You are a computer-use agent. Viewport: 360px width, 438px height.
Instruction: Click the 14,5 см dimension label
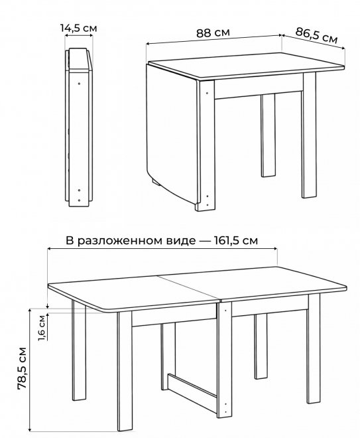click(x=79, y=28)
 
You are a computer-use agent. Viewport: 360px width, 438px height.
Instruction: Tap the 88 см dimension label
click(x=213, y=33)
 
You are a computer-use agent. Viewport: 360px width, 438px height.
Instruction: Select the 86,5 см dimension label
click(x=316, y=36)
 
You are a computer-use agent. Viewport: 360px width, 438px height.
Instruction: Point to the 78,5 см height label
click(x=22, y=368)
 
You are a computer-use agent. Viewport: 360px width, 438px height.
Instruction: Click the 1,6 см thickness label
click(x=42, y=328)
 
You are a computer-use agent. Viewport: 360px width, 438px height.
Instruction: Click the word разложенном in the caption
click(x=136, y=241)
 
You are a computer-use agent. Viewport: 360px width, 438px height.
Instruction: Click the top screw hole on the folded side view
click(x=80, y=84)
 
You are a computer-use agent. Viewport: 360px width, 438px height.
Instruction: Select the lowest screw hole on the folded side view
click(x=79, y=200)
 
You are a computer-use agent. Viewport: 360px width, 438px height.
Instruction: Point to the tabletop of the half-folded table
click(x=246, y=66)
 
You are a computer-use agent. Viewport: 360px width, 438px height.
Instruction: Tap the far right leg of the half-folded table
click(x=309, y=135)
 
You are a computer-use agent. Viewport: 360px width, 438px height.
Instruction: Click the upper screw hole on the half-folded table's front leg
click(x=207, y=93)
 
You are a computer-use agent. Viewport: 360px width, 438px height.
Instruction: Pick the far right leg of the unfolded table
click(x=314, y=349)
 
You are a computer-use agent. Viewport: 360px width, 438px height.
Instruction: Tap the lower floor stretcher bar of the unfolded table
click(x=192, y=390)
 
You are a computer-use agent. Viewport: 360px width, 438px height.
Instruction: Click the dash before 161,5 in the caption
click(x=205, y=241)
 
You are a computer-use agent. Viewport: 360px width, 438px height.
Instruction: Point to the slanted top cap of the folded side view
click(x=80, y=58)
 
